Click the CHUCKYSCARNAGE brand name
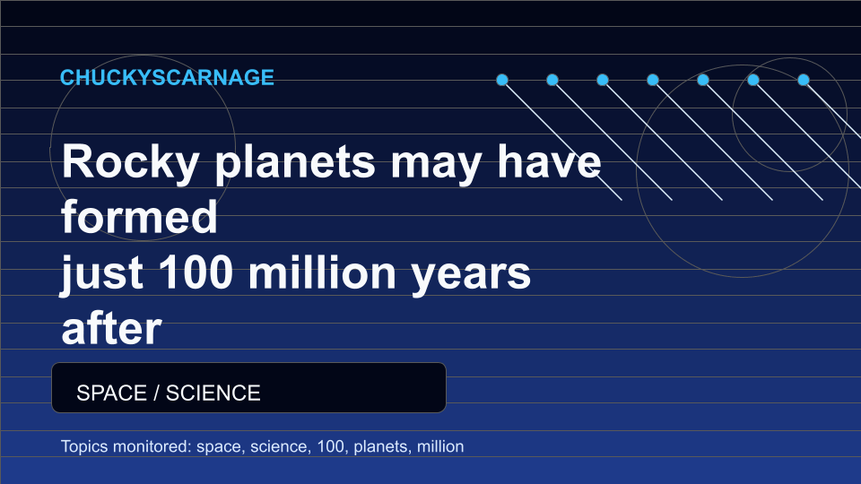(x=167, y=77)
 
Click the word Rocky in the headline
(x=130, y=162)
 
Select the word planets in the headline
(x=295, y=162)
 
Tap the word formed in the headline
(x=140, y=217)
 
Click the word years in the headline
(x=471, y=274)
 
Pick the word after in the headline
(x=111, y=329)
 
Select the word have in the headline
(x=549, y=161)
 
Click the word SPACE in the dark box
(x=111, y=393)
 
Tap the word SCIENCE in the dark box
(x=213, y=393)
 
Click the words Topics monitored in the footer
(x=126, y=446)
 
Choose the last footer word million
(x=440, y=446)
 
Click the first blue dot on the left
(x=502, y=80)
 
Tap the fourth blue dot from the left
(x=653, y=80)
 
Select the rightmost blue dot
(x=804, y=80)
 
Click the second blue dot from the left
(x=552, y=80)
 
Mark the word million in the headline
(x=322, y=272)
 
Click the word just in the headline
(x=101, y=274)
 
